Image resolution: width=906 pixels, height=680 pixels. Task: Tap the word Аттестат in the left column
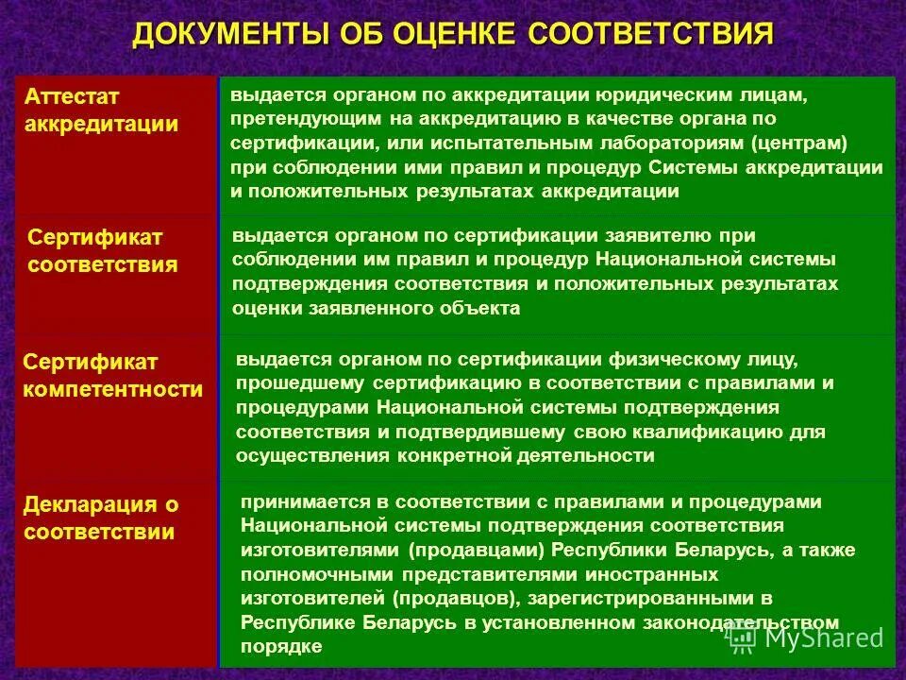[74, 97]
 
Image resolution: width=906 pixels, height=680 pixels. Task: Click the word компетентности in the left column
[113, 389]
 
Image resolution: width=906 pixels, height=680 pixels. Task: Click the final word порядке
[281, 646]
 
